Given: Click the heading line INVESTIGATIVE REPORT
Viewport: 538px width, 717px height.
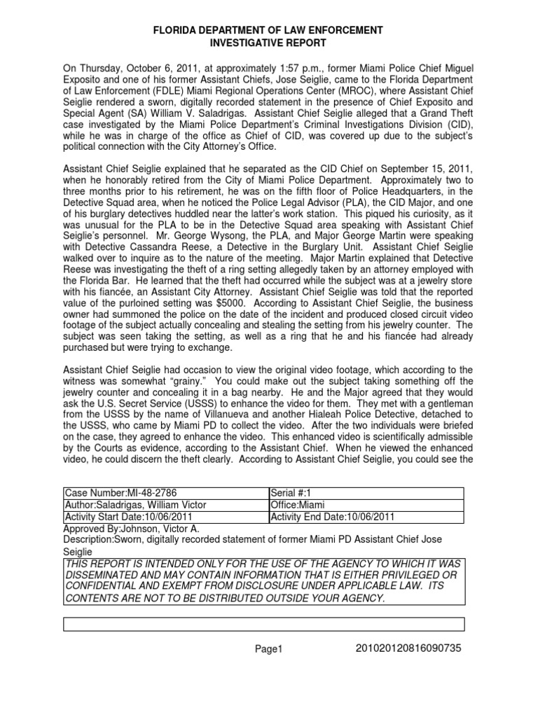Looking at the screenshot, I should tap(268, 43).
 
